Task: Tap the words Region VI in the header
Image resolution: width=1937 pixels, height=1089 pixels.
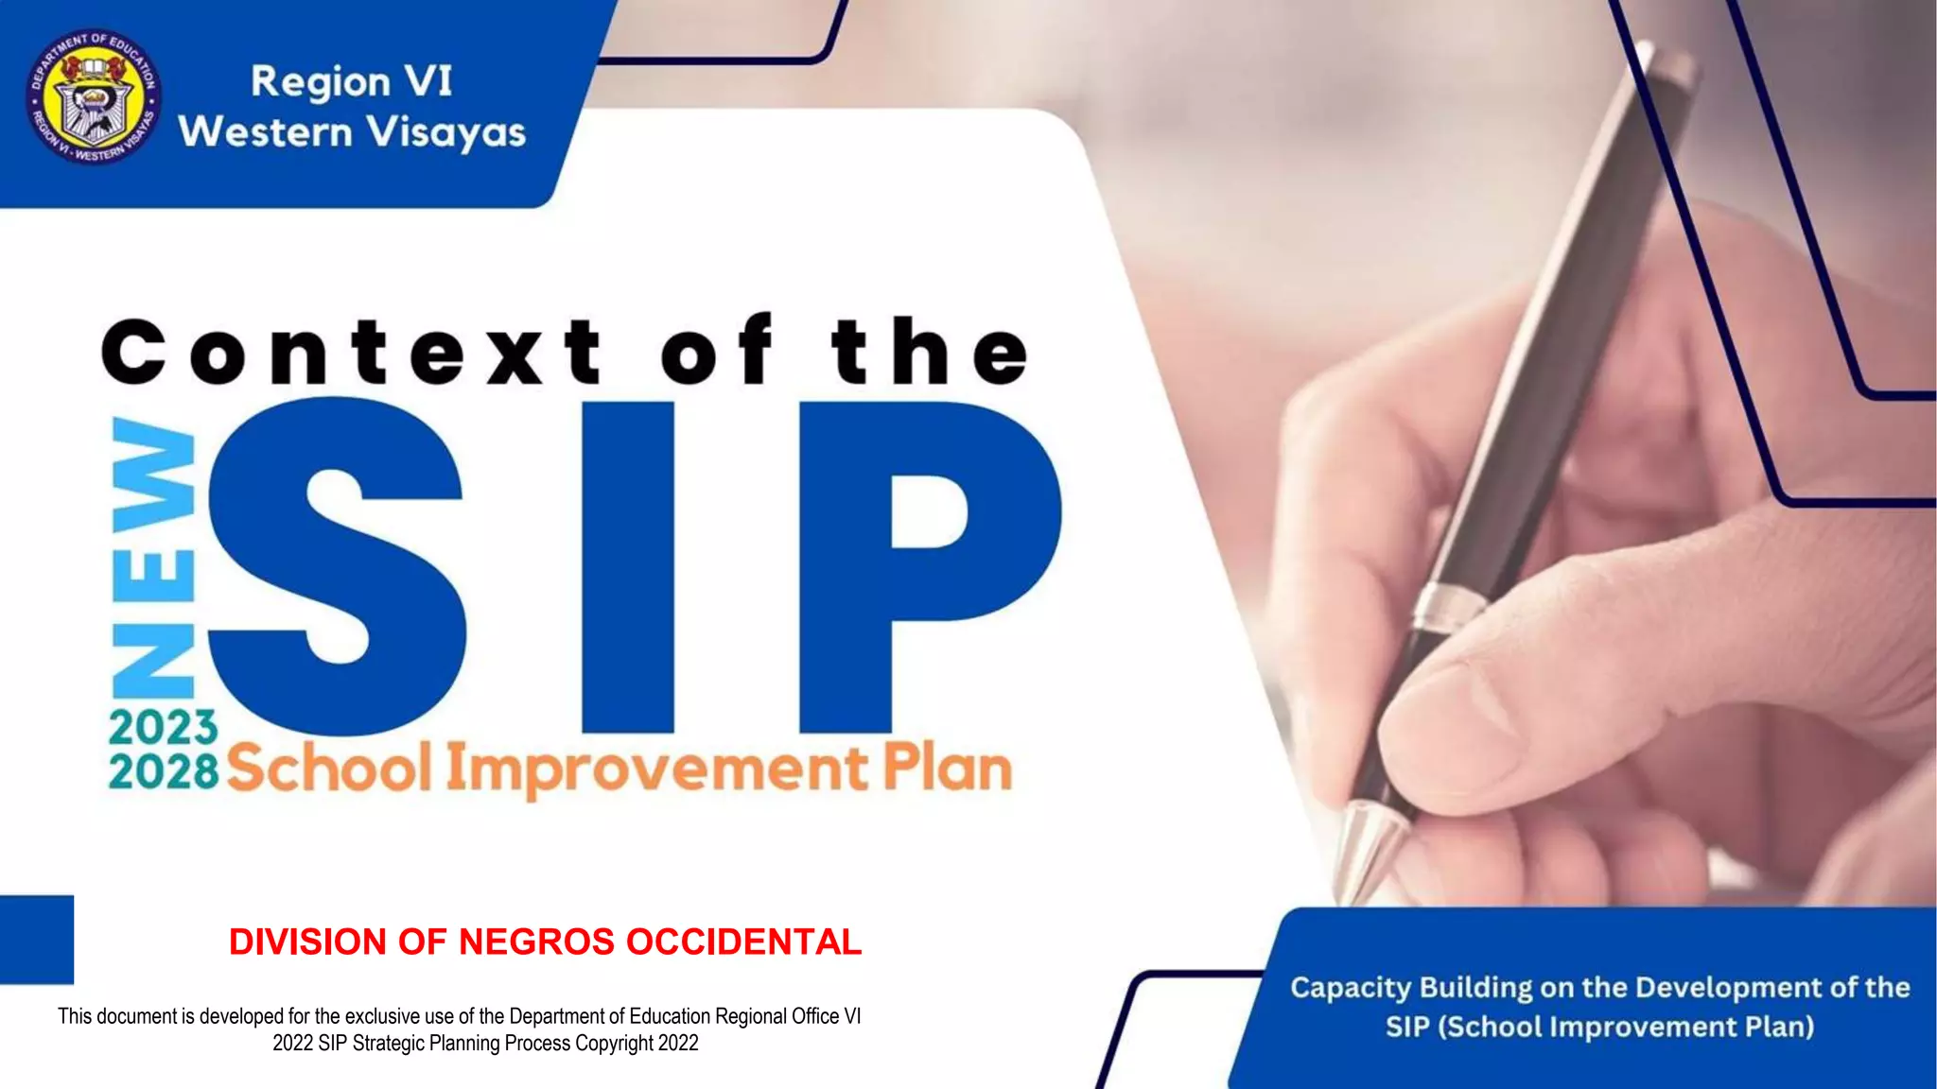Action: click(351, 81)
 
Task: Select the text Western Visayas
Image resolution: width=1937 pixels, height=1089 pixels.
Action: click(352, 132)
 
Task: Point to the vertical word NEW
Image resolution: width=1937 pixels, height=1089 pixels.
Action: click(153, 558)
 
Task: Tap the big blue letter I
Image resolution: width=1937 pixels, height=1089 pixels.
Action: click(628, 567)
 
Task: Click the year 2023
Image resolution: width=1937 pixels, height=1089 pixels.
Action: click(163, 727)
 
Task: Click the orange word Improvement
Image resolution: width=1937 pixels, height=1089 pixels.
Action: click(656, 770)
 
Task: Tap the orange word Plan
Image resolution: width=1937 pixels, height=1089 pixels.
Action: click(948, 769)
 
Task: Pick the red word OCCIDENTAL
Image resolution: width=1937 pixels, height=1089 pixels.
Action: click(743, 942)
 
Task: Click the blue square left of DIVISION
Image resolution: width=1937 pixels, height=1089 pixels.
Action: click(36, 940)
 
